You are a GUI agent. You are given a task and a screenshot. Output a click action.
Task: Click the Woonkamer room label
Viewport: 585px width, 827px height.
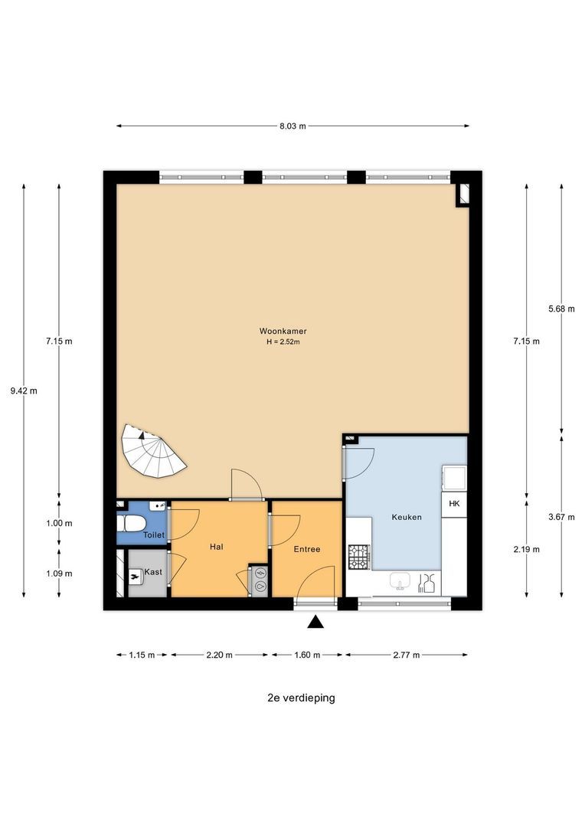pos(283,332)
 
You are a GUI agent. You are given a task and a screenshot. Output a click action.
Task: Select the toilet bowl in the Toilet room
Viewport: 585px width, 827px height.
pos(131,524)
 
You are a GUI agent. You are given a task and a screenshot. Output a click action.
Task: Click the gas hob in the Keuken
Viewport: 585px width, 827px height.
pos(358,557)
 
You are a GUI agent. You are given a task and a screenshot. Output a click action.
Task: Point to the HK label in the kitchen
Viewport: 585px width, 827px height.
pos(454,504)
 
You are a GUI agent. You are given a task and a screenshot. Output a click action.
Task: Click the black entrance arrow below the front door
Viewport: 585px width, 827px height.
pos(315,622)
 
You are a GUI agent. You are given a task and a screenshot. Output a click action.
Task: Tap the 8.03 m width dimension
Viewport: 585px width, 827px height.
pos(292,126)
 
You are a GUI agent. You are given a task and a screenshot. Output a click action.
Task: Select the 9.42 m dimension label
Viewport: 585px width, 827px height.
pos(24,391)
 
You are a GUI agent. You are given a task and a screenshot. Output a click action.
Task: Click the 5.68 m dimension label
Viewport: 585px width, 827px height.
pos(561,309)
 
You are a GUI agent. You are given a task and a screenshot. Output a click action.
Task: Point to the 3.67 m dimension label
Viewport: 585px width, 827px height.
pos(561,517)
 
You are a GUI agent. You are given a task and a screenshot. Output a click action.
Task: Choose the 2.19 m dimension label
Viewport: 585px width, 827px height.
pos(527,549)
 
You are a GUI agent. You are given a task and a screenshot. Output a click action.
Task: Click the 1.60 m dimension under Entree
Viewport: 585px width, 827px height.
pos(307,655)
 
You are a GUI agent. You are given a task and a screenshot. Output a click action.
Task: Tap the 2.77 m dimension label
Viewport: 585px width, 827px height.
pos(406,655)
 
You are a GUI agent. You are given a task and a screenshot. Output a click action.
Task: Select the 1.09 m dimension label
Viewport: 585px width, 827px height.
pos(59,574)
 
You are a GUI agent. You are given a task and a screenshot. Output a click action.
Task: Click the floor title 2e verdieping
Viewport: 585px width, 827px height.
pos(301,698)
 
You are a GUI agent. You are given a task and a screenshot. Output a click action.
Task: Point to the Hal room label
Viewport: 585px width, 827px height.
pos(216,547)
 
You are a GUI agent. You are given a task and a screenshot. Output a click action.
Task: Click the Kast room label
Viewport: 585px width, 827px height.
pos(153,572)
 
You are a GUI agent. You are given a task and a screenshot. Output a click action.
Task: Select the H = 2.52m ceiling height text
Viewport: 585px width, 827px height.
pos(283,342)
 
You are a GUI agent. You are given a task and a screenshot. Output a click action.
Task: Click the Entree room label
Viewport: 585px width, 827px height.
pos(307,549)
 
